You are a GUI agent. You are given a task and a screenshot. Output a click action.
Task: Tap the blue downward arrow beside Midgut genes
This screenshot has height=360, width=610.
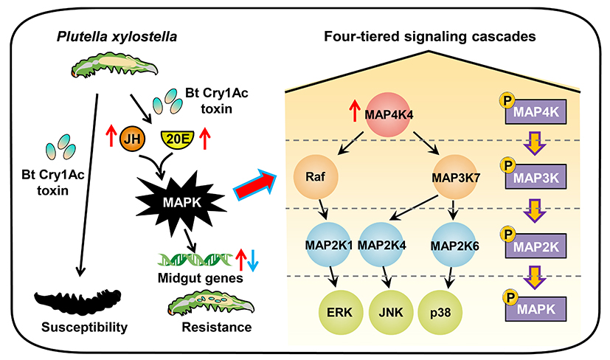click(252, 259)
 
